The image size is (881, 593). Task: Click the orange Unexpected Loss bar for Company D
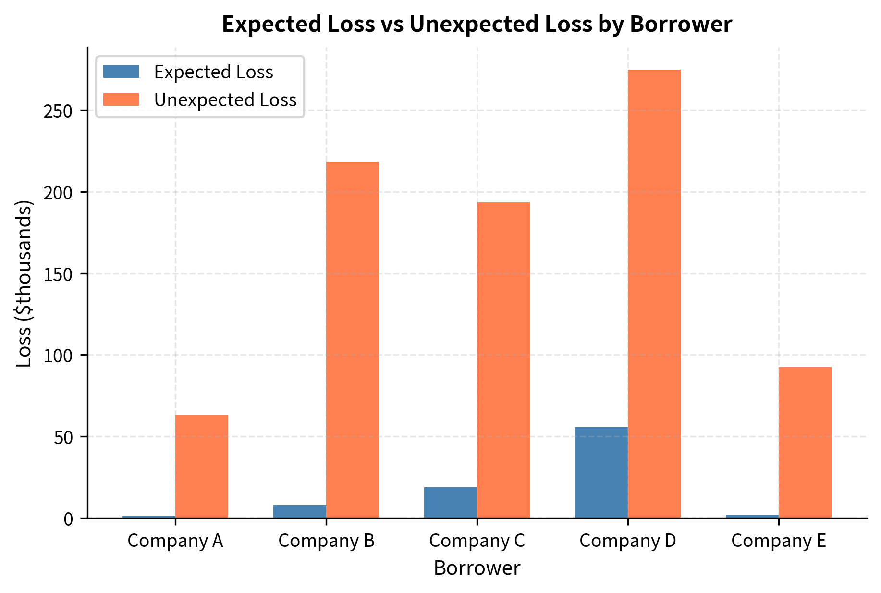click(654, 294)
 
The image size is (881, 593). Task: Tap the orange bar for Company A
click(201, 466)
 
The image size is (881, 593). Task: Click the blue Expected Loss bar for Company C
click(450, 503)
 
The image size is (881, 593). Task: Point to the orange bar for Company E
click(805, 442)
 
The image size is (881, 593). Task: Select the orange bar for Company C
click(503, 360)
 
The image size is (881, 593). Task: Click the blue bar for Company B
click(299, 511)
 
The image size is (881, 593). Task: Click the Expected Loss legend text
click(213, 72)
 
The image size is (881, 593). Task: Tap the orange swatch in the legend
click(121, 99)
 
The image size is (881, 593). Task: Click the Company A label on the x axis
click(175, 541)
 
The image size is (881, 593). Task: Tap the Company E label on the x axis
click(778, 541)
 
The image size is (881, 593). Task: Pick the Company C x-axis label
click(477, 541)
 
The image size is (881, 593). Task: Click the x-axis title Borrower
click(477, 568)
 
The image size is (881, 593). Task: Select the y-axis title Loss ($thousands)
click(24, 284)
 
